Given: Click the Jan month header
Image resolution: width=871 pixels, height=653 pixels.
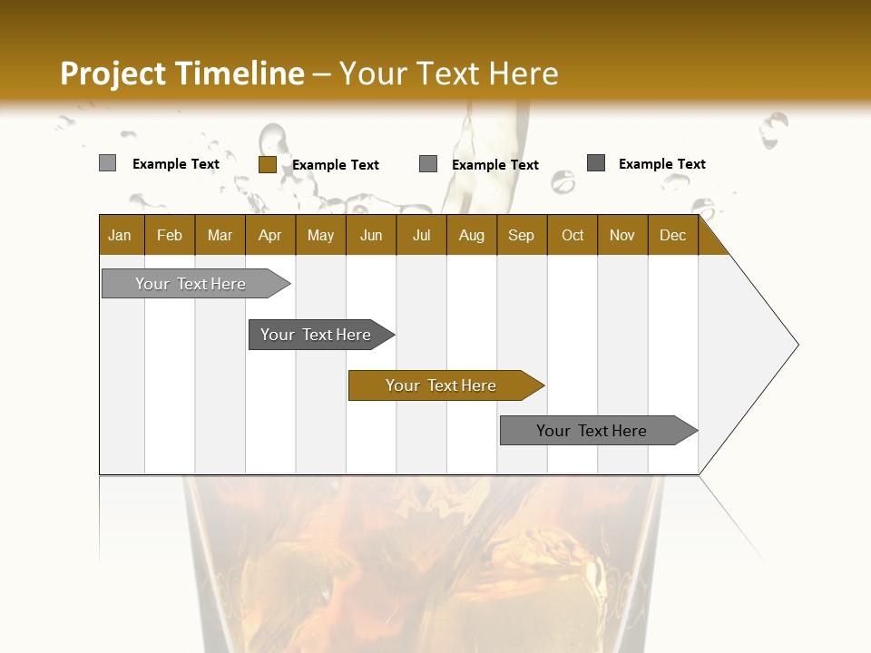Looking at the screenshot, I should coord(121,235).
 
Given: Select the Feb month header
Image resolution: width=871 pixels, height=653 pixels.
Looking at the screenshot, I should coord(170,235).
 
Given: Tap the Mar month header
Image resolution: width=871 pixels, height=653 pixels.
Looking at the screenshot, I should coord(220,235).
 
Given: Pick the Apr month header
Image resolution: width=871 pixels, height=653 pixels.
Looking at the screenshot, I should coord(270,235).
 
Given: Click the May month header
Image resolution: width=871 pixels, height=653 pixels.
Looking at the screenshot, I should coord(320,235).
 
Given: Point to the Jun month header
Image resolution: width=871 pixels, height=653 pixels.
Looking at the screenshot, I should coord(371,235).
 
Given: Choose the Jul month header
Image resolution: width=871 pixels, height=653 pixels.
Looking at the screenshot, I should coord(421,235).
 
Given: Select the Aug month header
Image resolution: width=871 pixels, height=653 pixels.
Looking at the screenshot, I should coord(472,235).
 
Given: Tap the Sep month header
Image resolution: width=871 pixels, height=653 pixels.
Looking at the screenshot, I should coord(522,235).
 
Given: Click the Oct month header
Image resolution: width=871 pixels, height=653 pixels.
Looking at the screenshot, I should coord(573,235).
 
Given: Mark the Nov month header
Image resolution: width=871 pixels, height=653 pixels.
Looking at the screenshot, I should coord(622,235).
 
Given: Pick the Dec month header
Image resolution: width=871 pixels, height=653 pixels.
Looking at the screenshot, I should coord(673,235).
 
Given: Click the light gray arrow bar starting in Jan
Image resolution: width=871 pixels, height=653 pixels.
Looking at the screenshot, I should coord(191,284).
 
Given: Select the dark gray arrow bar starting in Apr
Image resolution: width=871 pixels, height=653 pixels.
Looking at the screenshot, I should coord(317,335).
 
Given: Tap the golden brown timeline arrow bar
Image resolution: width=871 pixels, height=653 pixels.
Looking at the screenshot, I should coord(442,385).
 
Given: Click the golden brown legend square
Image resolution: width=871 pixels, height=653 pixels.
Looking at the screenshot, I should coord(267,164).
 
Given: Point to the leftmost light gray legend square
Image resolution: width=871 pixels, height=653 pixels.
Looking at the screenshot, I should coord(107,163).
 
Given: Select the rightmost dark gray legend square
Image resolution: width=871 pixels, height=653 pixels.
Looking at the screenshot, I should coord(596,163).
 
